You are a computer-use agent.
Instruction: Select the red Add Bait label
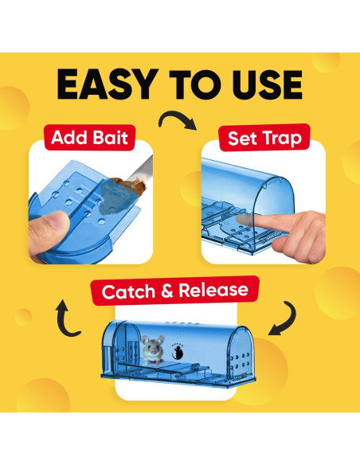pyautogui.click(x=89, y=138)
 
